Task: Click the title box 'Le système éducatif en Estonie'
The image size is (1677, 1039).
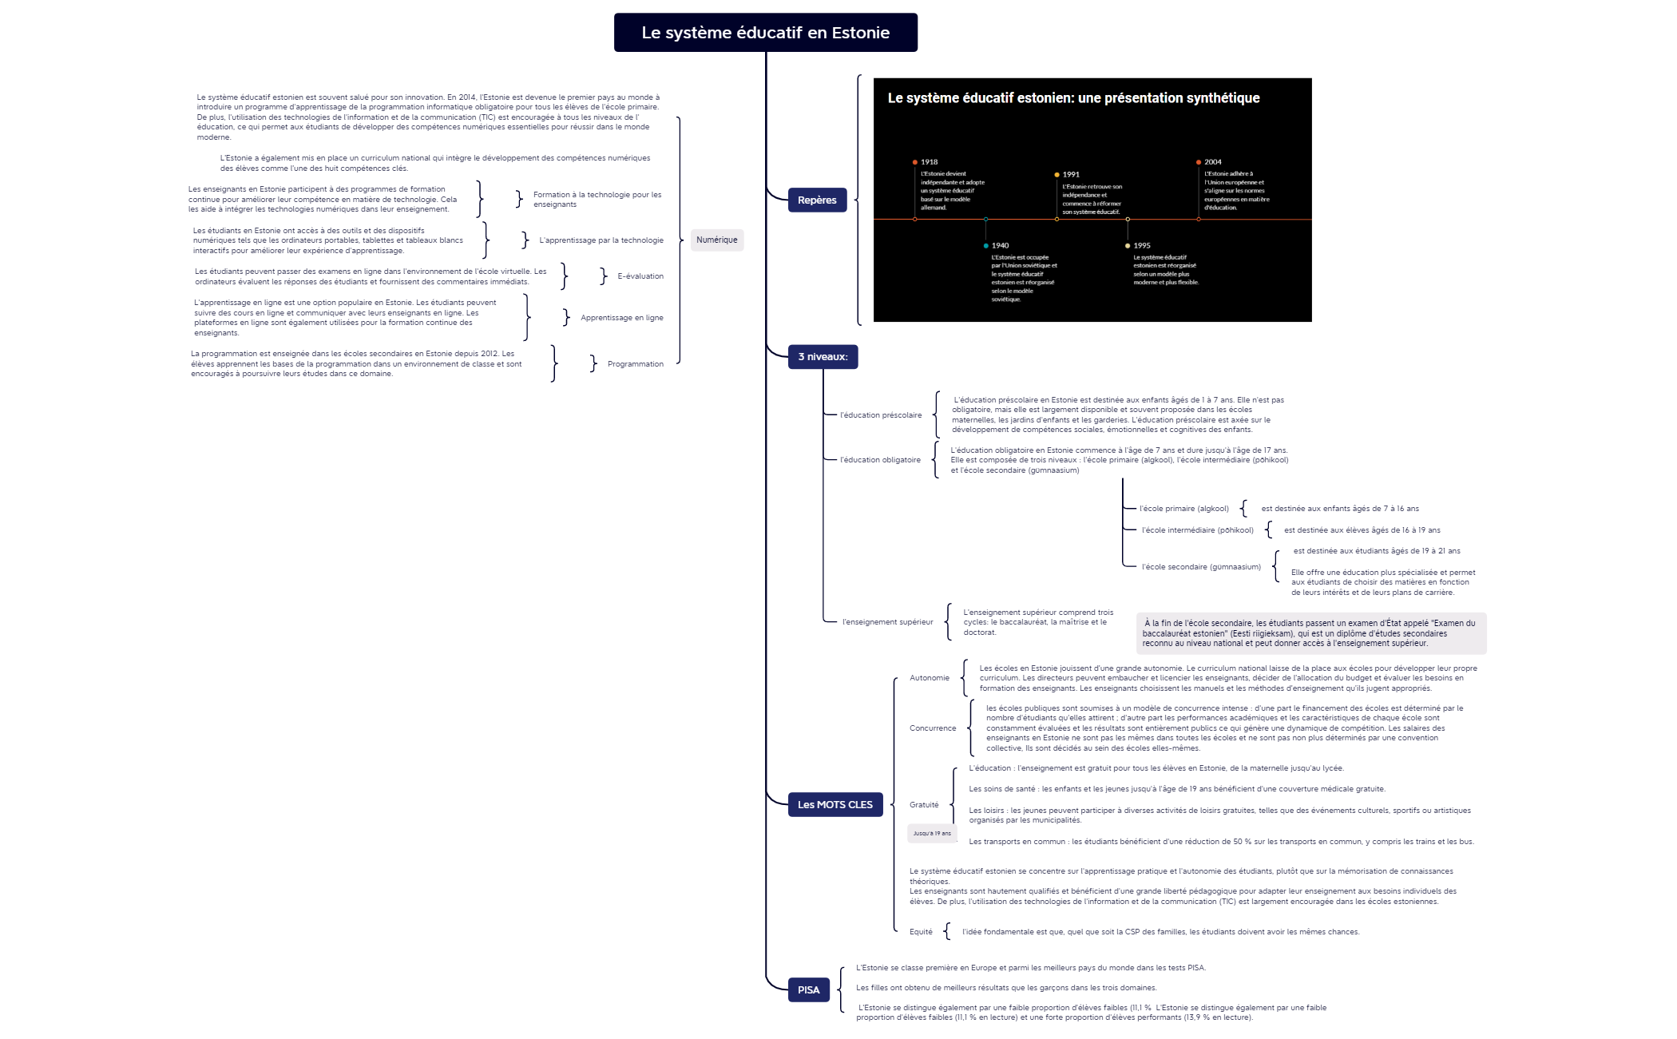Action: (765, 33)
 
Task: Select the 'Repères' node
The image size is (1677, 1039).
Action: (816, 200)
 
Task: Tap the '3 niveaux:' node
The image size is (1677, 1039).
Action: (823, 357)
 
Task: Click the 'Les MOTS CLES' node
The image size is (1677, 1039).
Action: (835, 805)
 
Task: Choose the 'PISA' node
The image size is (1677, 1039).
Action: (808, 990)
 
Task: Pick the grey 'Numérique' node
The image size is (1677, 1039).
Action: (716, 240)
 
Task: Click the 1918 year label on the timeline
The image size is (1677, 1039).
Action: (929, 162)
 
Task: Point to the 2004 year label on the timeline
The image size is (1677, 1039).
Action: (1212, 162)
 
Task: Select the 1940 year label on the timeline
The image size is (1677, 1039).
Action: (1000, 246)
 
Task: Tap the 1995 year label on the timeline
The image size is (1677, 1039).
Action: (1142, 246)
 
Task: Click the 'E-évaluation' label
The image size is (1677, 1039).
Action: (640, 276)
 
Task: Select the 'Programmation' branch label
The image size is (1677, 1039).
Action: (635, 364)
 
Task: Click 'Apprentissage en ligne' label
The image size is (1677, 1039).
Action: (621, 318)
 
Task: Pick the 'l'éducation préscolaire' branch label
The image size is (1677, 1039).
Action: (880, 415)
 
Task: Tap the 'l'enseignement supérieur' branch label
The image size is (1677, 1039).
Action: (887, 622)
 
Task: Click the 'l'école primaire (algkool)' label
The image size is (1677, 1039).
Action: (1183, 509)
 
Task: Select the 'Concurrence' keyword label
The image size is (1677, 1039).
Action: (932, 728)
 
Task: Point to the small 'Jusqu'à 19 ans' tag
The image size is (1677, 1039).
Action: (932, 834)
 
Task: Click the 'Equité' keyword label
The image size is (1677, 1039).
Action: (921, 932)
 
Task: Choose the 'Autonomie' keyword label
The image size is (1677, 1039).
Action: (930, 678)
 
